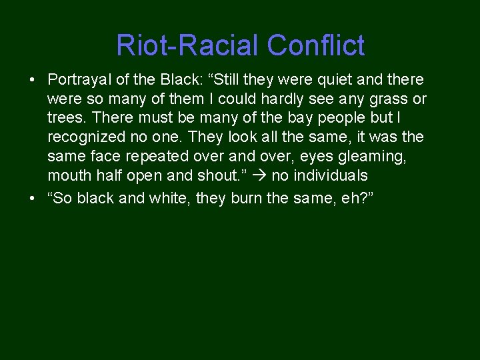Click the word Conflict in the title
coord(316,45)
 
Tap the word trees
coord(65,119)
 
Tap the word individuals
coord(329,176)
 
